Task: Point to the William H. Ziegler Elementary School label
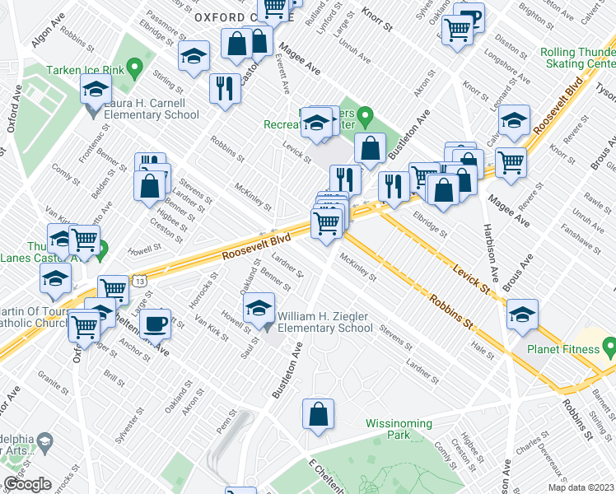click(x=325, y=322)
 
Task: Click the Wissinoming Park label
click(x=399, y=429)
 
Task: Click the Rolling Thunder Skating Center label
click(x=579, y=58)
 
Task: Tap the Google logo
click(x=27, y=484)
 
